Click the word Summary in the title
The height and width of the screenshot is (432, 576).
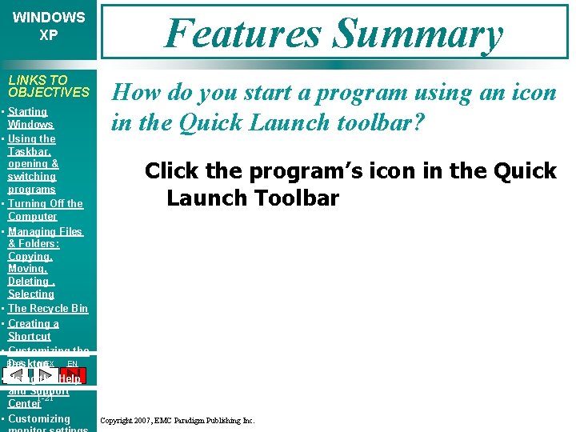click(x=418, y=34)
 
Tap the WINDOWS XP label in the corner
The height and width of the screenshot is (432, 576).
click(x=49, y=26)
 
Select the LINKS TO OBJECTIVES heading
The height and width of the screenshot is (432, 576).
click(x=48, y=86)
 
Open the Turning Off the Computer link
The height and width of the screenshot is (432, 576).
click(x=45, y=210)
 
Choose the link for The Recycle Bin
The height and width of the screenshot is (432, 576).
click(x=48, y=308)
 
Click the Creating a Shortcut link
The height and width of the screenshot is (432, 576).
click(x=33, y=330)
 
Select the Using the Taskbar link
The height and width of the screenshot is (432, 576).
click(x=32, y=139)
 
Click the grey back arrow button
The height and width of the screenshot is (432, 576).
click(x=17, y=375)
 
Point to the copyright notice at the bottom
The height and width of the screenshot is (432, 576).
click(x=177, y=420)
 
